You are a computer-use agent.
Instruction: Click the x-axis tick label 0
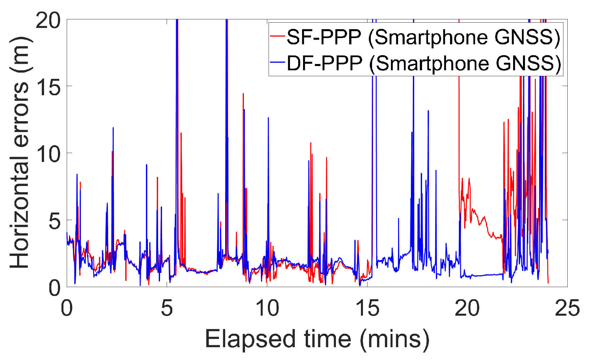pyautogui.click(x=67, y=309)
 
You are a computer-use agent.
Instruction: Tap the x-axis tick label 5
pyautogui.click(x=167, y=309)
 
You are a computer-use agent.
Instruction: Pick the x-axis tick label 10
pyautogui.click(x=267, y=309)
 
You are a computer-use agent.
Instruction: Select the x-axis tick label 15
pyautogui.click(x=367, y=309)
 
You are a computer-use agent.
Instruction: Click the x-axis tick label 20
pyautogui.click(x=467, y=309)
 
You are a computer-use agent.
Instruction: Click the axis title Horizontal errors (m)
pyautogui.click(x=20, y=153)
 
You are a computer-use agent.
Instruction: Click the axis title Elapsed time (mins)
pyautogui.click(x=317, y=339)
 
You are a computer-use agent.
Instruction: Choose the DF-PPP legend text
pyautogui.click(x=424, y=63)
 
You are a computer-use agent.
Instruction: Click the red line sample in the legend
pyautogui.click(x=277, y=36)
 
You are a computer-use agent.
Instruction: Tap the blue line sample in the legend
pyautogui.click(x=277, y=62)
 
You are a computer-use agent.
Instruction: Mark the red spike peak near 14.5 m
pyautogui.click(x=243, y=94)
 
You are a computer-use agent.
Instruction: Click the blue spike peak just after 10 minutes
pyautogui.click(x=268, y=118)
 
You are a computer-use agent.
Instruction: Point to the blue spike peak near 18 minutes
pyautogui.click(x=428, y=111)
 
